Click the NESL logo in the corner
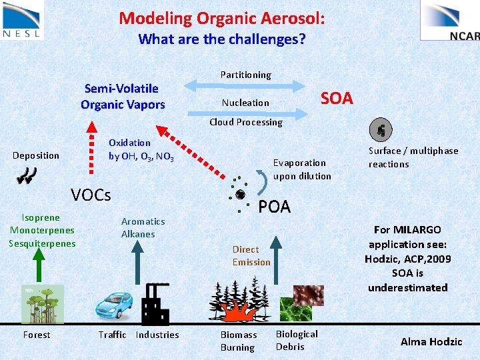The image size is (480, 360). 22,19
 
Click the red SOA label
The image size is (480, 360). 336,99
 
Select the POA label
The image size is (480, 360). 275,207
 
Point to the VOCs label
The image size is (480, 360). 91,195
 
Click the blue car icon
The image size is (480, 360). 119,304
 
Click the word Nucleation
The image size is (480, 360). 245,103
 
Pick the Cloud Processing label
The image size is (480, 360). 245,122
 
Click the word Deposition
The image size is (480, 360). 36,155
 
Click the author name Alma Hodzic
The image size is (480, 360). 431,341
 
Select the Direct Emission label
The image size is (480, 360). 251,255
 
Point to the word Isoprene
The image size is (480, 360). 41,217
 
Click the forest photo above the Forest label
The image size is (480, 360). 42,304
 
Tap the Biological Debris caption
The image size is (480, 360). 297,340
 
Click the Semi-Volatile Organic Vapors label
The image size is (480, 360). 123,96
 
